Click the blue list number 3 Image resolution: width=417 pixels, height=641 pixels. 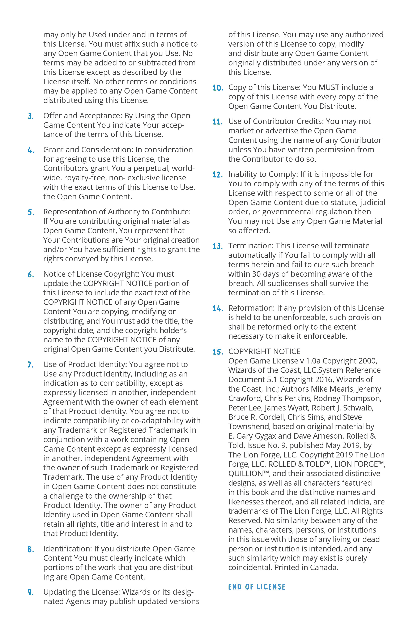point(30,116)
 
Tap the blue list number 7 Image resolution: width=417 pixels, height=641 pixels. point(30,365)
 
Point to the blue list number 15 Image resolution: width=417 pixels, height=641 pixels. point(218,352)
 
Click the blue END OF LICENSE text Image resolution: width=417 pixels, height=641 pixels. point(257,587)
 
